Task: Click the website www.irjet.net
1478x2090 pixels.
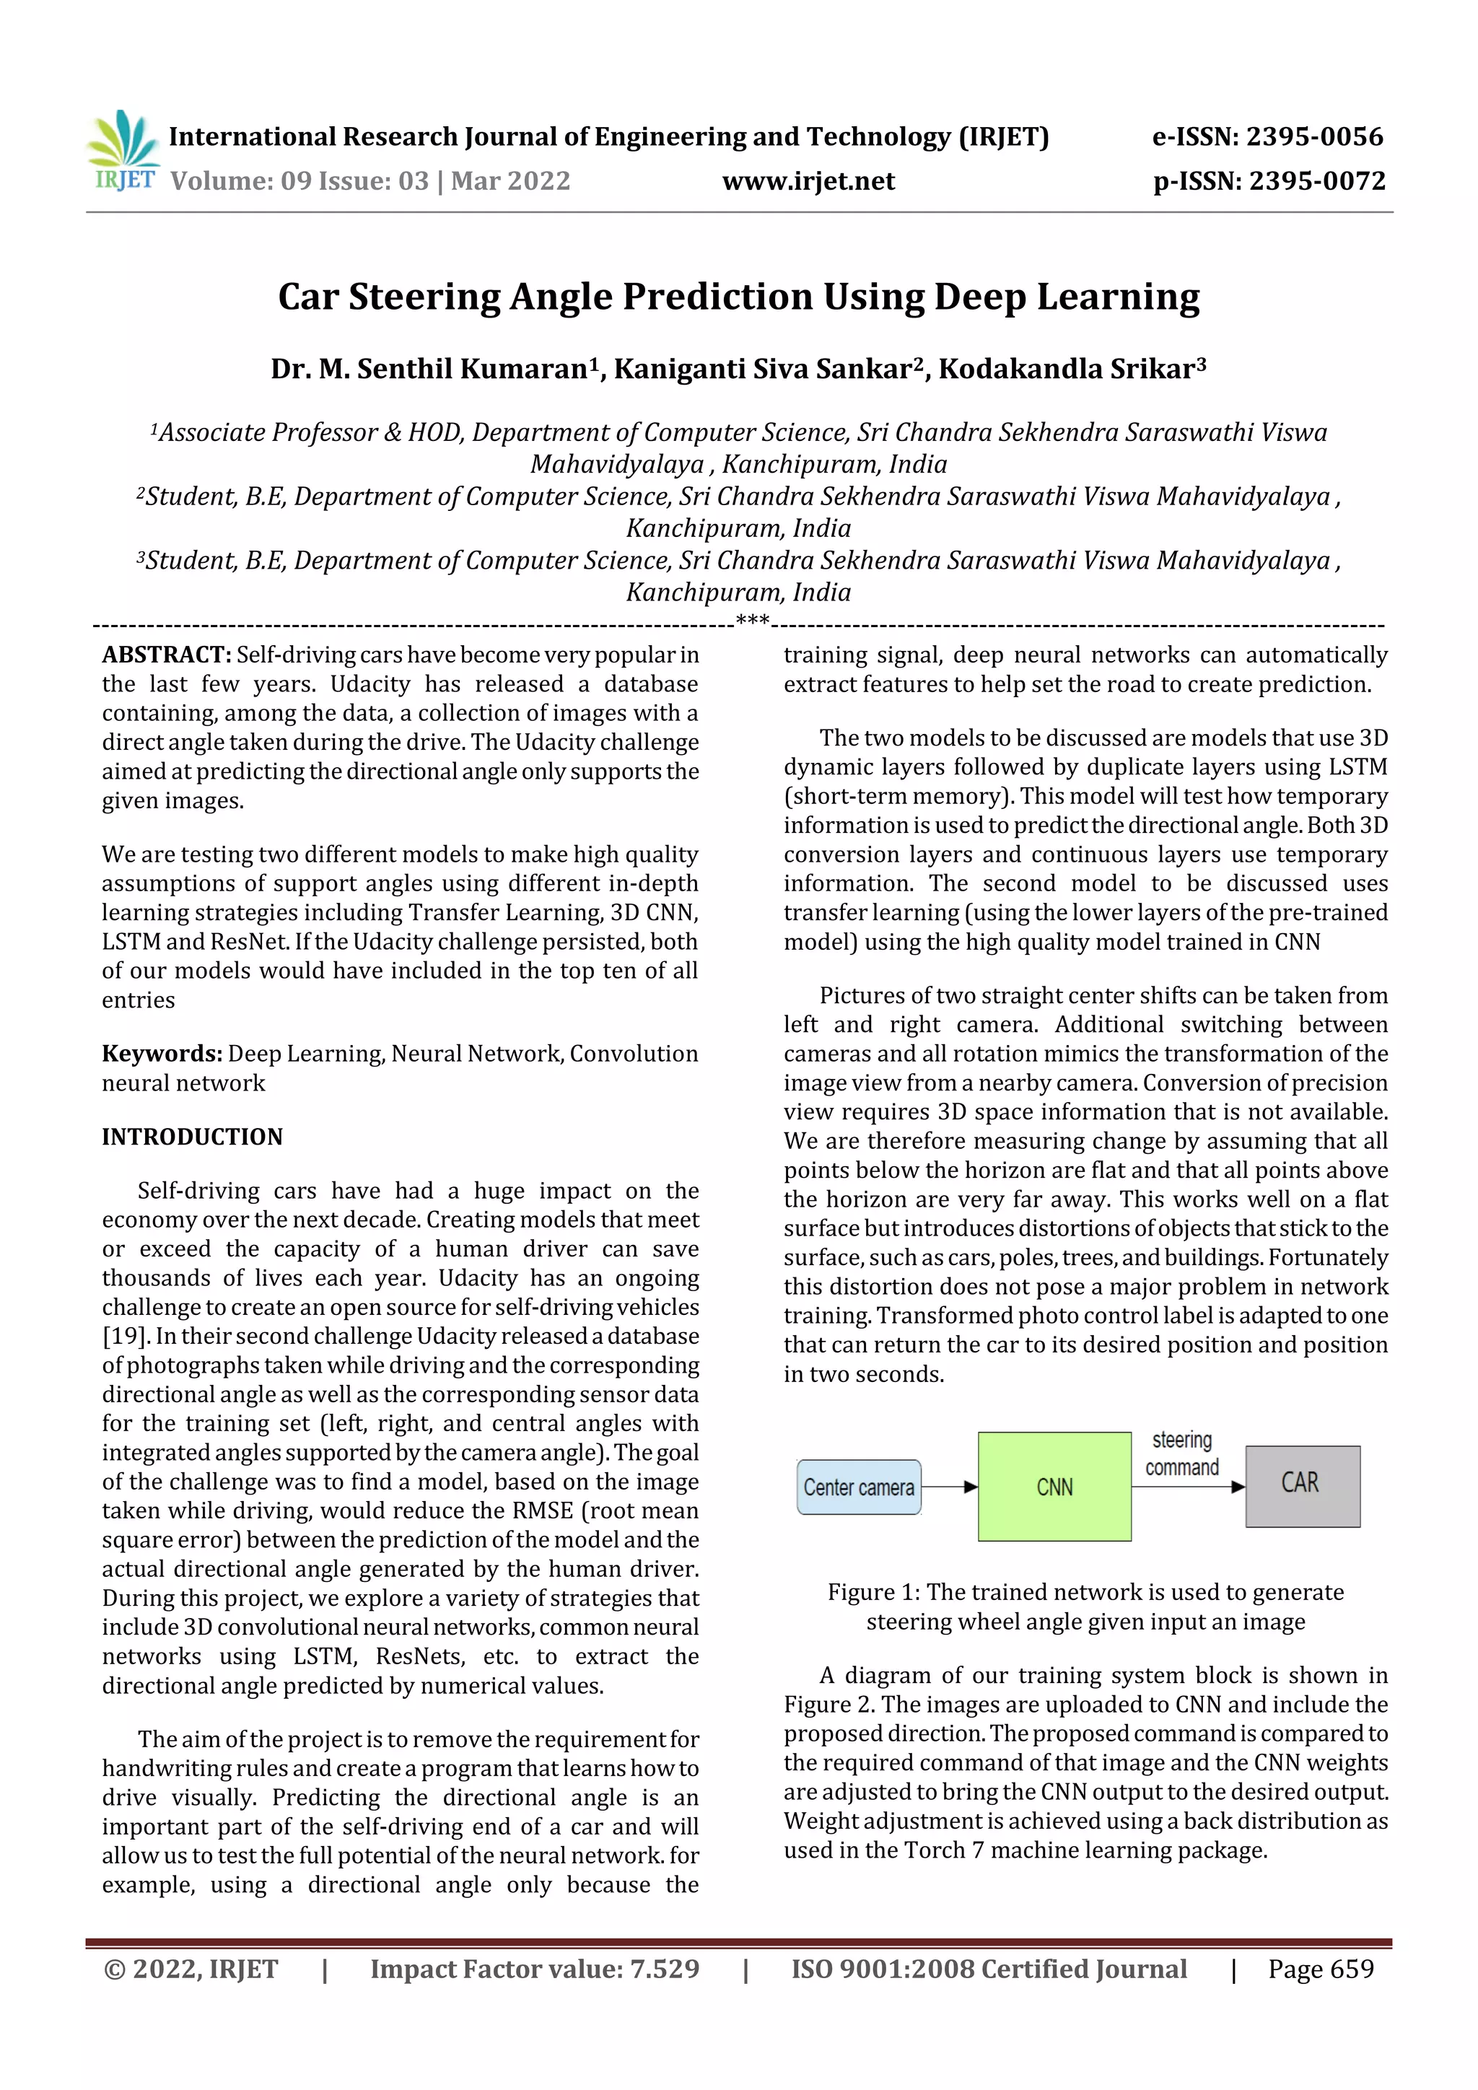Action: tap(808, 181)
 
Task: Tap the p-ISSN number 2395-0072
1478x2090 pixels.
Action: tap(1317, 181)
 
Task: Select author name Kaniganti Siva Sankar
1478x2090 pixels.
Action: tap(763, 369)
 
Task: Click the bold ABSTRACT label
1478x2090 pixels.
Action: tap(167, 655)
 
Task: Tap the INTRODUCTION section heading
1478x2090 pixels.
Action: tap(192, 1137)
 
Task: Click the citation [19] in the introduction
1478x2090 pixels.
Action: tap(124, 1337)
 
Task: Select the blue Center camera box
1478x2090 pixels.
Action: tap(858, 1487)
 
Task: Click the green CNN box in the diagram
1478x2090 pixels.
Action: tap(1054, 1487)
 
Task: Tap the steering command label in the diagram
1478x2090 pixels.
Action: tap(1181, 1453)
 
